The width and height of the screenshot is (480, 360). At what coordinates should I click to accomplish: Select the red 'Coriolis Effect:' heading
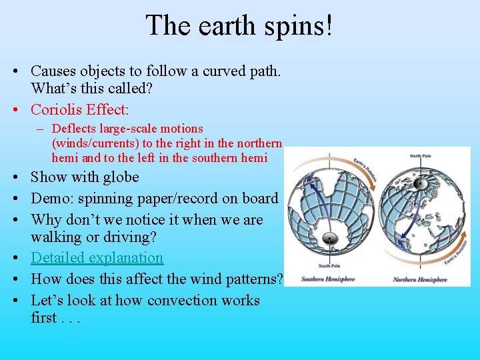pyautogui.click(x=80, y=109)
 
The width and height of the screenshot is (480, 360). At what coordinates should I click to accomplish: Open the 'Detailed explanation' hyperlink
pyautogui.click(x=97, y=257)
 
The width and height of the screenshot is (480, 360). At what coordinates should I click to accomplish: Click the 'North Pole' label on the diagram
pyautogui.click(x=419, y=156)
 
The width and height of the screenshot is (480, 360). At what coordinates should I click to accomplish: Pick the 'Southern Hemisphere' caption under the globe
pyautogui.click(x=327, y=279)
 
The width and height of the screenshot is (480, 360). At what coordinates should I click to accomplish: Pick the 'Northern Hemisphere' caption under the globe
pyautogui.click(x=420, y=279)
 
